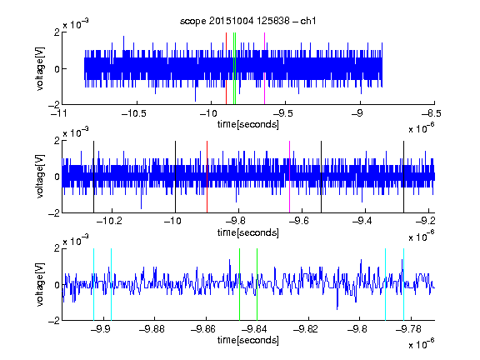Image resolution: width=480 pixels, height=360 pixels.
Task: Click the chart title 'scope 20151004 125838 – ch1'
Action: pyautogui.click(x=248, y=21)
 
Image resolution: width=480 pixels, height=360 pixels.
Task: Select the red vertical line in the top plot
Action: pyautogui.click(x=226, y=68)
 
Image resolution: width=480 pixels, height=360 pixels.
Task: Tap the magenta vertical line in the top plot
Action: pyautogui.click(x=264, y=68)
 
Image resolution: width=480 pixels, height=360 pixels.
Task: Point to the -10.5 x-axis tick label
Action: pyautogui.click(x=134, y=113)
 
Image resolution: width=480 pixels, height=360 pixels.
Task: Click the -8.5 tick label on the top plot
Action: pyautogui.click(x=432, y=113)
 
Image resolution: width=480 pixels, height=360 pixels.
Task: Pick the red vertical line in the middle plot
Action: pyautogui.click(x=207, y=177)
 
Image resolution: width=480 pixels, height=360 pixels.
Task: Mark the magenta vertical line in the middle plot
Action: pyautogui.click(x=290, y=177)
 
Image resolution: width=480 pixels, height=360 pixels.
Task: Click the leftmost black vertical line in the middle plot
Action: pyautogui.click(x=93, y=177)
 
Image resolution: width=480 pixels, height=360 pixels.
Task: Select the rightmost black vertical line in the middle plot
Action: pyautogui.click(x=404, y=177)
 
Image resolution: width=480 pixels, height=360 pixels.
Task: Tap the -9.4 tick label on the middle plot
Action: pyautogui.click(x=362, y=221)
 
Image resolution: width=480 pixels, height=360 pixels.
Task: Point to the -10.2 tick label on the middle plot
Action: pyautogui.click(x=109, y=221)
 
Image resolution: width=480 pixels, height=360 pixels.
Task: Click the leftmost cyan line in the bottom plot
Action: pyautogui.click(x=93, y=284)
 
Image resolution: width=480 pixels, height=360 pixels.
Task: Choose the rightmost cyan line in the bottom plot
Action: pyautogui.click(x=404, y=284)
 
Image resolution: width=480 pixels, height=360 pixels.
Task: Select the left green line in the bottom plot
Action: pyautogui.click(x=240, y=284)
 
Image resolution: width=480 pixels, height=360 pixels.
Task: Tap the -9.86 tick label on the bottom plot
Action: pyautogui.click(x=203, y=329)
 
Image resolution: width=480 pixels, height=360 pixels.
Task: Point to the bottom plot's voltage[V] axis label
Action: pyautogui.click(x=40, y=284)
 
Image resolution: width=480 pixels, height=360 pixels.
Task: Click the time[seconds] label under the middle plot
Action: pyautogui.click(x=248, y=232)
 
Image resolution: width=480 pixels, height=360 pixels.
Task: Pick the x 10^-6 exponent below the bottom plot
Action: pyautogui.click(x=422, y=343)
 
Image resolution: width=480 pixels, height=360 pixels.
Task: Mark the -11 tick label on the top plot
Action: pyautogui.click(x=59, y=113)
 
